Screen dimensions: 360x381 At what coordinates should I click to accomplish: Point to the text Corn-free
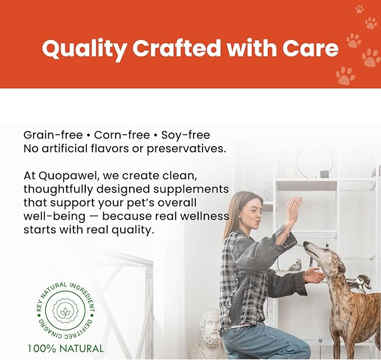[122, 135]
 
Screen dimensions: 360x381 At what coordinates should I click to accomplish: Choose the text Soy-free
[186, 135]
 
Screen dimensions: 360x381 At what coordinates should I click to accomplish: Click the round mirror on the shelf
[314, 160]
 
